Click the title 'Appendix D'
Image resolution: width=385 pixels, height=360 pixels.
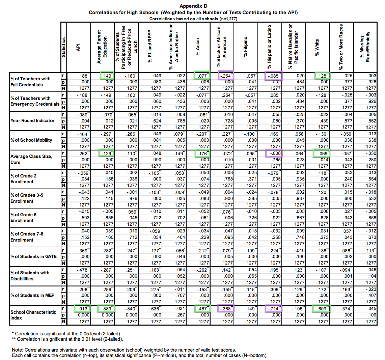193,6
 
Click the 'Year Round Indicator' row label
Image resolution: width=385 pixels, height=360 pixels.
32,120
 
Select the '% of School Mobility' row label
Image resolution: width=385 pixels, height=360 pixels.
31,140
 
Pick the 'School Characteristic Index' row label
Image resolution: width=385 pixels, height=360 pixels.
33,315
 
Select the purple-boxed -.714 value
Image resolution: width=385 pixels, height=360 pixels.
273,308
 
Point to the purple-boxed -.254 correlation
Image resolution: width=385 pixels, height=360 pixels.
226,76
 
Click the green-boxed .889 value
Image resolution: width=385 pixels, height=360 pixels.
106,308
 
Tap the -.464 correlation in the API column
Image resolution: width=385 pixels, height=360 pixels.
82,134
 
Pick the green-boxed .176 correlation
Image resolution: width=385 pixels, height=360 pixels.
202,154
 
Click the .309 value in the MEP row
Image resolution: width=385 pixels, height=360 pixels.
274,289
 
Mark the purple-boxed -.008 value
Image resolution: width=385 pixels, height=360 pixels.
273,154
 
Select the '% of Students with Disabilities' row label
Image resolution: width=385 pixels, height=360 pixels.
30,276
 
